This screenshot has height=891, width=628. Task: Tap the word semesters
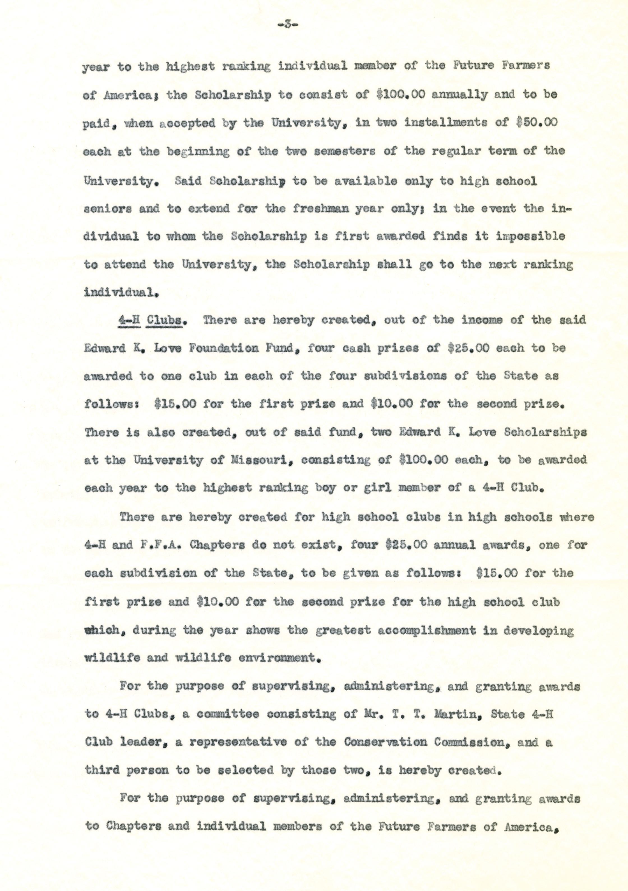(344, 151)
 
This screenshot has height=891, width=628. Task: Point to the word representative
(245, 742)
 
